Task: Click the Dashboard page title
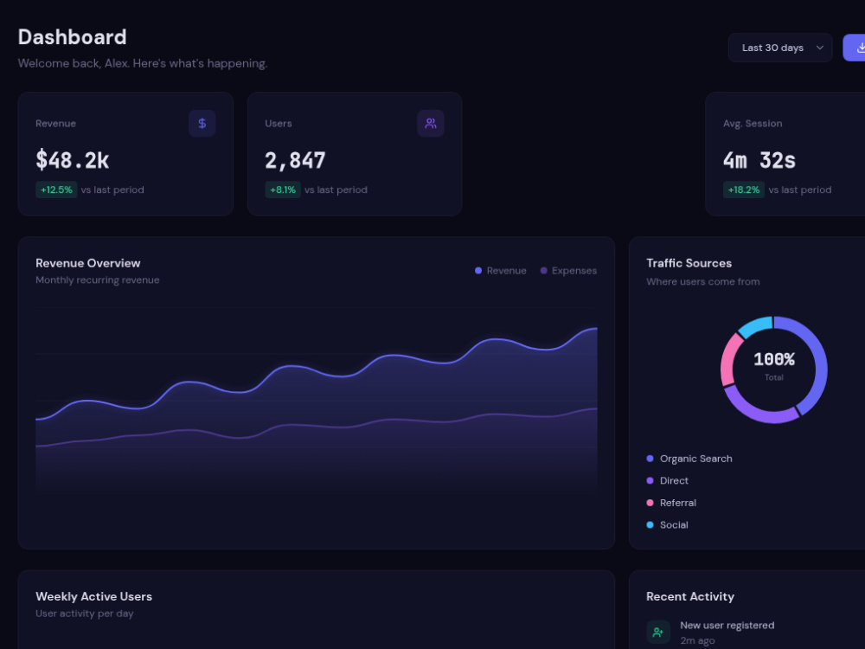(73, 37)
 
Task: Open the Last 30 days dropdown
(780, 48)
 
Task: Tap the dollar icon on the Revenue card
(202, 123)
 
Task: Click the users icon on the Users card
(431, 123)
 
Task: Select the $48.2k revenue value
(73, 161)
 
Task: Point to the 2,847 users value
(295, 161)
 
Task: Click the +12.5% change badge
(56, 190)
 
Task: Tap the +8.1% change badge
(283, 190)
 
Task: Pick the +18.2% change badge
(744, 190)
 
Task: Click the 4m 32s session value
(759, 161)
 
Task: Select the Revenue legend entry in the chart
(500, 270)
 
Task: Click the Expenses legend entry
(568, 270)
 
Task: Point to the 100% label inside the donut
(774, 359)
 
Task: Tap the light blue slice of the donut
(754, 325)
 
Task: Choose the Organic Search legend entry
(689, 459)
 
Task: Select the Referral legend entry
(671, 503)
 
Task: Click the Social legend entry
(668, 525)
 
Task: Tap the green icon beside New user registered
(658, 632)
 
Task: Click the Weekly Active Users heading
(93, 596)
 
